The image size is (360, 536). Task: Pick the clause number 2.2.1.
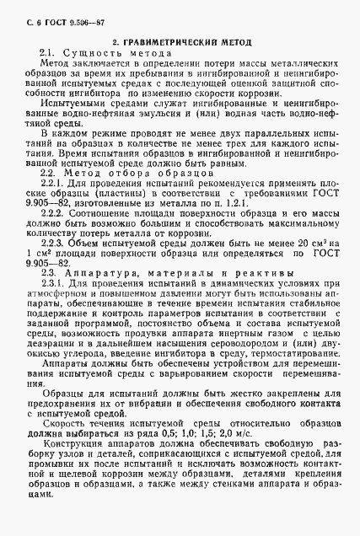coord(52,182)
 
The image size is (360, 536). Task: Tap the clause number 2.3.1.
coord(52,284)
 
